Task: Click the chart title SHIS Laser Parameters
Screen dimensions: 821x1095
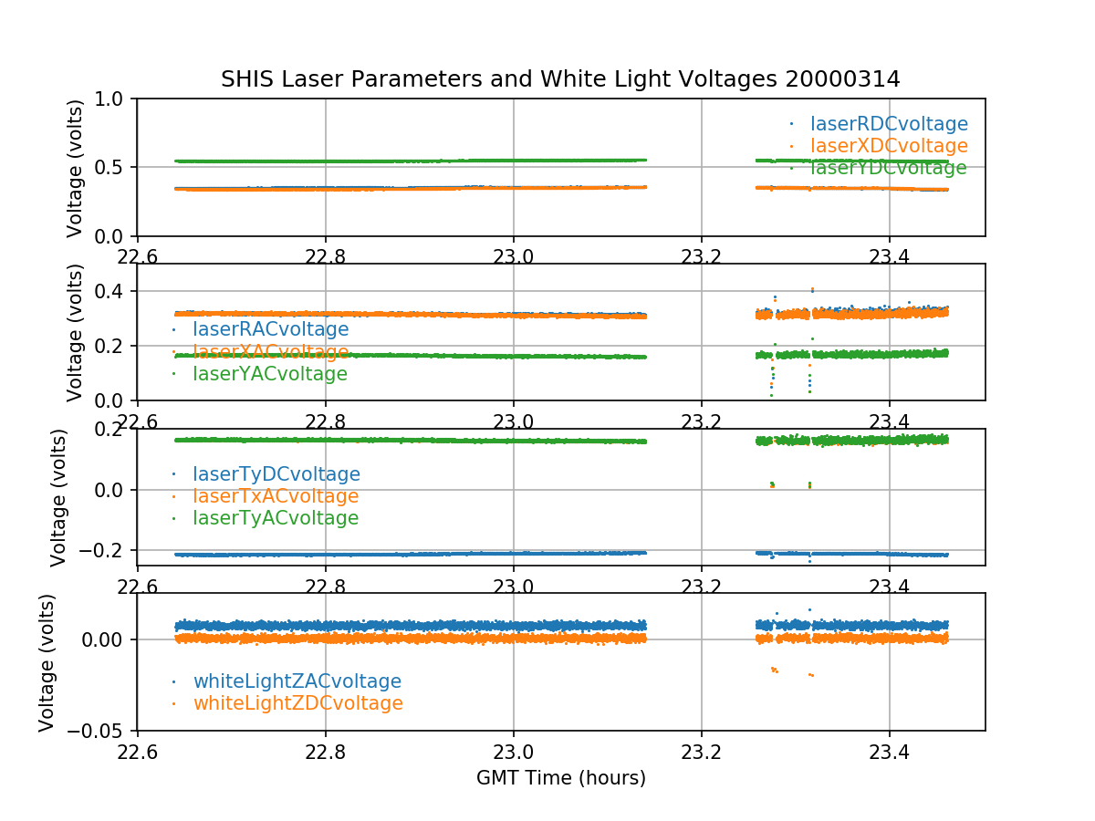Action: point(560,79)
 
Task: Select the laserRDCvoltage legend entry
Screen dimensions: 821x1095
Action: point(889,124)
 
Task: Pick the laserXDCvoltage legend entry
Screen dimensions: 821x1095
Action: point(889,146)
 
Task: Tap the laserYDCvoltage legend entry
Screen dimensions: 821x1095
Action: point(888,168)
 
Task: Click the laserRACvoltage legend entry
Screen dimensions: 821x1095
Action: point(270,329)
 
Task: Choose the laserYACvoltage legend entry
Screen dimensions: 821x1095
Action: point(270,374)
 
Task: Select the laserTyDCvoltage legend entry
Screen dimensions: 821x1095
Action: point(276,474)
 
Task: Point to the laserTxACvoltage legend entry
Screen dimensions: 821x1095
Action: point(276,496)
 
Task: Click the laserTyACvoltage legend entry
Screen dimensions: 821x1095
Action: point(276,518)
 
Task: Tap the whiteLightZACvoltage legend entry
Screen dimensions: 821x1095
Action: point(297,681)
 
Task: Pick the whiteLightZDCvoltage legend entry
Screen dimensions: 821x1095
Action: point(297,703)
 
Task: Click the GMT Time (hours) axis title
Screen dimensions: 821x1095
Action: point(561,778)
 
